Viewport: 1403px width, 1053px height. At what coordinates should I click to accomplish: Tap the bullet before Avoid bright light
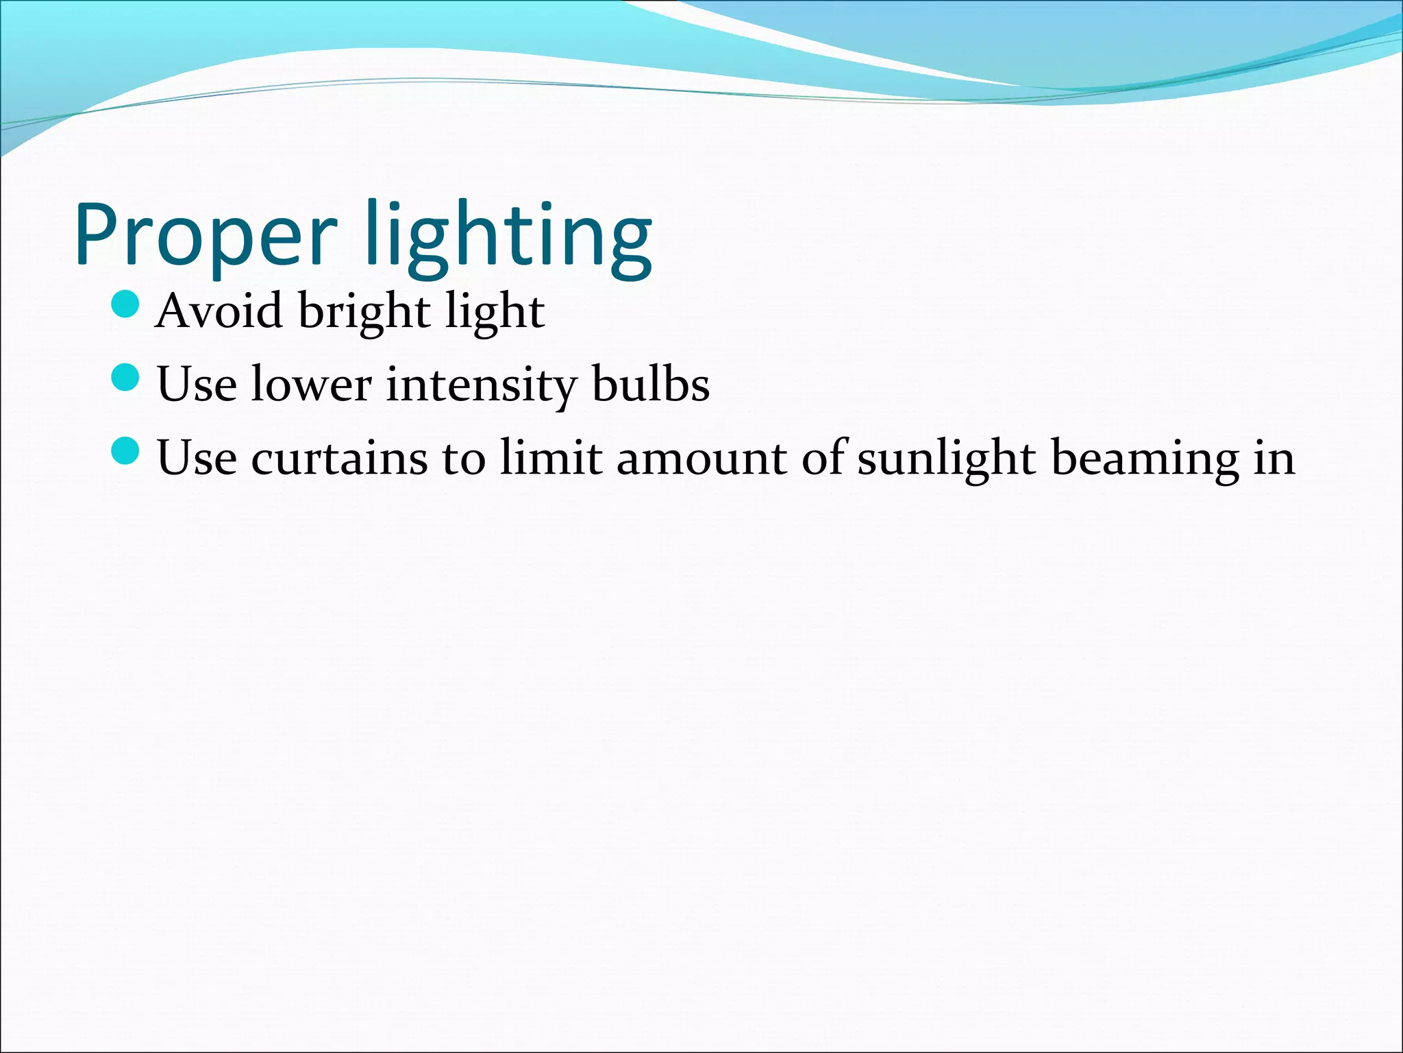[125, 304]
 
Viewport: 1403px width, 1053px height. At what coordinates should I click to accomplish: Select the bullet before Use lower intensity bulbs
[125, 377]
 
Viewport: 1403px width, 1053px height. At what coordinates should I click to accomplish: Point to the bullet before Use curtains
[125, 450]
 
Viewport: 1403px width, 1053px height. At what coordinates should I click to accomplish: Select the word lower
[311, 385]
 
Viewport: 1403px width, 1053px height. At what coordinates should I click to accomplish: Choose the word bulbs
[651, 385]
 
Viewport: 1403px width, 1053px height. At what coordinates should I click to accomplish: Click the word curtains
[340, 458]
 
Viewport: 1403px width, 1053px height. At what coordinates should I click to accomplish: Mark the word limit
[551, 458]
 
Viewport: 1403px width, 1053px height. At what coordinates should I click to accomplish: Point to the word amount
[701, 458]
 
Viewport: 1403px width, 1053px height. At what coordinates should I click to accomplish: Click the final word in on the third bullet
[1274, 458]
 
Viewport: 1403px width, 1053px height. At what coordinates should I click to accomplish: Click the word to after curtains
[464, 458]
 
